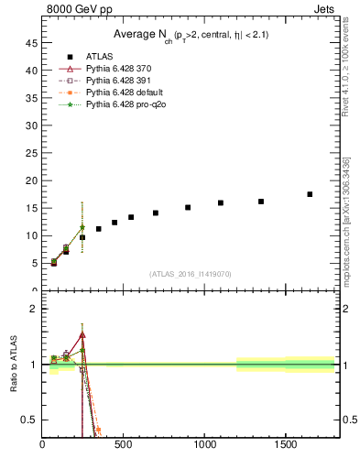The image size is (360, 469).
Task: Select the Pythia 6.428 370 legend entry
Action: click(x=120, y=70)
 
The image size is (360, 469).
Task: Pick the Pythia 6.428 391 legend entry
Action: click(x=120, y=82)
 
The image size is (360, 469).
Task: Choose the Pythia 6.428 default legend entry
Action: click(x=123, y=93)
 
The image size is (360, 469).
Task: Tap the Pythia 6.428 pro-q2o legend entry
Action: click(x=125, y=105)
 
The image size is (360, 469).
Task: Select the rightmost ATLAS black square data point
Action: click(x=310, y=194)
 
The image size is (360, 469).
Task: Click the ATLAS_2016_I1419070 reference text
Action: click(x=190, y=274)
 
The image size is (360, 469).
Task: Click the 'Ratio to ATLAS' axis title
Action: click(x=14, y=365)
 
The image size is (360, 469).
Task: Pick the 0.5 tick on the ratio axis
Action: click(x=30, y=420)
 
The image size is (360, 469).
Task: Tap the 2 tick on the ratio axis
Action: click(x=34, y=309)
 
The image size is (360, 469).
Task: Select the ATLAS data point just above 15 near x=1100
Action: click(x=221, y=202)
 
